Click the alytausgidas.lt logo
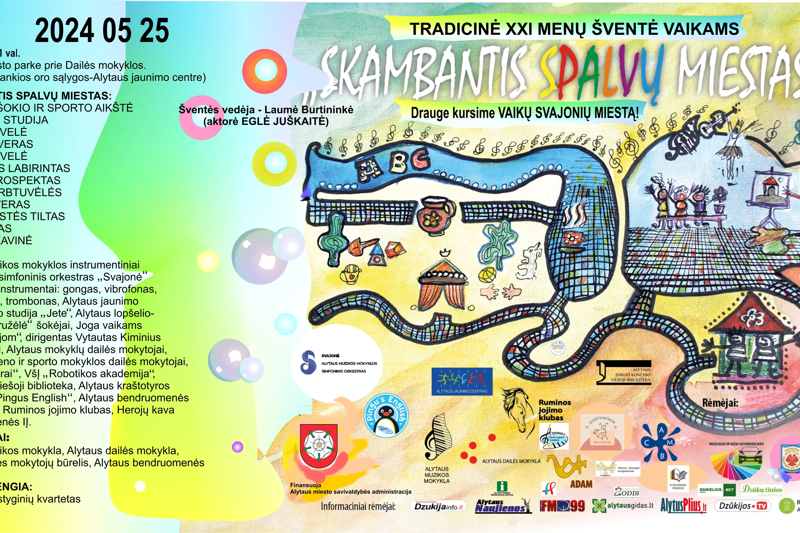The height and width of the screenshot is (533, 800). point(623,506)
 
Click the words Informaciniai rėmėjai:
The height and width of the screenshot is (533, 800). point(358,507)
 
